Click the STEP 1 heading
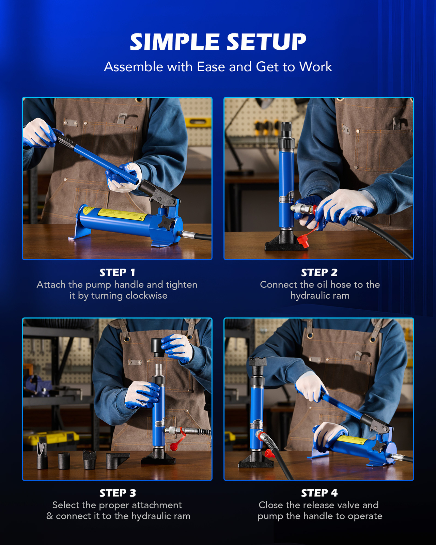coord(117,272)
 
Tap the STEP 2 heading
coord(319,272)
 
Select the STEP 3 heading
coord(118,493)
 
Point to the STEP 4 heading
coord(319,493)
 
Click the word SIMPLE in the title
coord(174,42)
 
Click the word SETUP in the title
coord(266,42)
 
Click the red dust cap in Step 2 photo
coord(303,241)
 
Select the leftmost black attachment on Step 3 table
coord(42,455)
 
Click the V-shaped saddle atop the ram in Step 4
coord(258,362)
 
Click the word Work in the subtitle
coord(315,67)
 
